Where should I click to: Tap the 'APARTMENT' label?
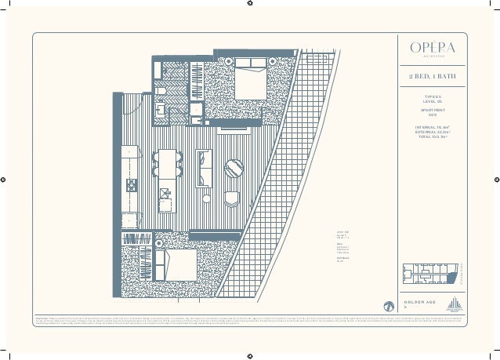coord(427,111)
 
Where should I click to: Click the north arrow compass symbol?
coord(387,306)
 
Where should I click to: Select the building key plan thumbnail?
coord(429,275)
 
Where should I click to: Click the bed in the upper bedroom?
coord(249,82)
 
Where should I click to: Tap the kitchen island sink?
coord(165,193)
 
